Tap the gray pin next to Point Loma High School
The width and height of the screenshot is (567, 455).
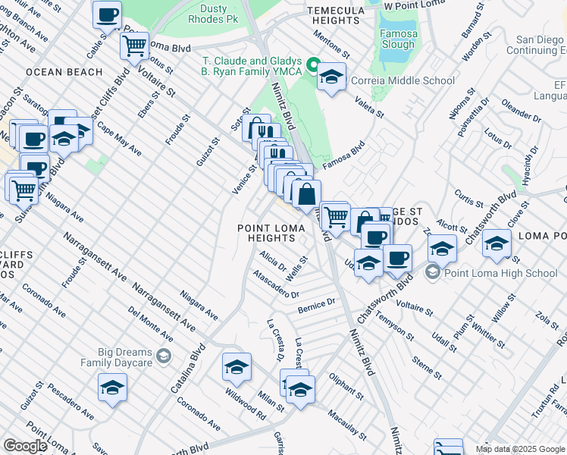pos(433,273)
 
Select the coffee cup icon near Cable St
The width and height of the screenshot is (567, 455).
pos(107,14)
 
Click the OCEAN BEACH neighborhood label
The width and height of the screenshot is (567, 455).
pos(64,72)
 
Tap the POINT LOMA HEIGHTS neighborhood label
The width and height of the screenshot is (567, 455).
pos(268,233)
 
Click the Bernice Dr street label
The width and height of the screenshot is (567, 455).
pos(316,305)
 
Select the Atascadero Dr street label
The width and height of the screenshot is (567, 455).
pos(277,284)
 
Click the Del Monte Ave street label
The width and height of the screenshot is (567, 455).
pos(150,324)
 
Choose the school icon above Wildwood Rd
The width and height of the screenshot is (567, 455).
pos(237,367)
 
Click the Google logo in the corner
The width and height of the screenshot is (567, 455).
pos(25,446)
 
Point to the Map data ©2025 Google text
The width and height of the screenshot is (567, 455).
pos(520,449)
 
